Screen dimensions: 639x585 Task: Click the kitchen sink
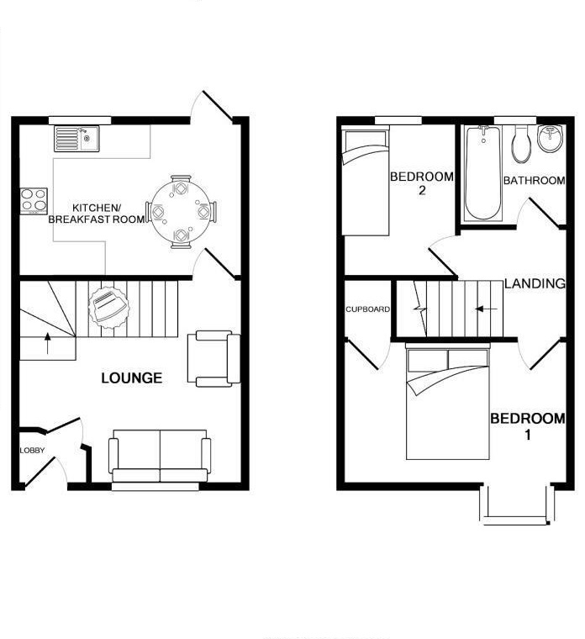pos(76,138)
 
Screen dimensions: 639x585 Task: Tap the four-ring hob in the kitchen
pos(34,201)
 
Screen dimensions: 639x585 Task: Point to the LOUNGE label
pos(131,378)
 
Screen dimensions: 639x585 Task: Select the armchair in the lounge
pos(214,359)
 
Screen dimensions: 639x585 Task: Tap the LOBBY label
pos(32,452)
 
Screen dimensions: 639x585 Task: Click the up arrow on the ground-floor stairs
pos(46,344)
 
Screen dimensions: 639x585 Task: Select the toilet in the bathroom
pos(521,145)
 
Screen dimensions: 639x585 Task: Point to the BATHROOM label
pos(534,181)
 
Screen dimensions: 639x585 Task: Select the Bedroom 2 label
pos(421,183)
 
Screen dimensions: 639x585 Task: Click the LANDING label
pos(534,284)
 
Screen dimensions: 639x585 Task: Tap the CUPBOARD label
pos(367,309)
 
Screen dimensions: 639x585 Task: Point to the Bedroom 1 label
pos(528,426)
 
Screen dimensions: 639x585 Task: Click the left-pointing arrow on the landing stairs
pos(485,309)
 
